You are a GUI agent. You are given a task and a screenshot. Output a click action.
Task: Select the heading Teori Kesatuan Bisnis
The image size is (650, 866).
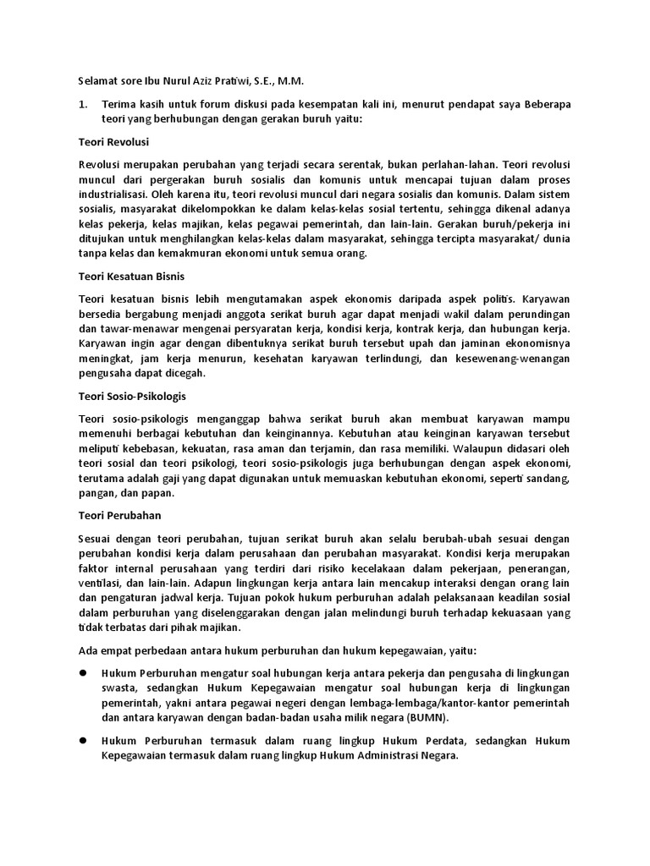coord(131,277)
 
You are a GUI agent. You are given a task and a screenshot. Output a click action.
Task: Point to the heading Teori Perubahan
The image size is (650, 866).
coord(119,514)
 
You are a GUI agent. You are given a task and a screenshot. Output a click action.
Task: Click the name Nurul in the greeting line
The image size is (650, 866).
coord(174,82)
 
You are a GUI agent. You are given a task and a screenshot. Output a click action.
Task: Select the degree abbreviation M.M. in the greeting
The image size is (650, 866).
coord(289,82)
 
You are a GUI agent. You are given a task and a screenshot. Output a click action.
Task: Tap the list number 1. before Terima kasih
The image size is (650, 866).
coord(83,104)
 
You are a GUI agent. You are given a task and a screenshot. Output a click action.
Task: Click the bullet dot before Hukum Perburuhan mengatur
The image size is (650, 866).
coord(84,671)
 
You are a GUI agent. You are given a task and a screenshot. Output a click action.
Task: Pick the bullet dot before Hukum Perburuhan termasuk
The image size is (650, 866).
coord(84,740)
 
